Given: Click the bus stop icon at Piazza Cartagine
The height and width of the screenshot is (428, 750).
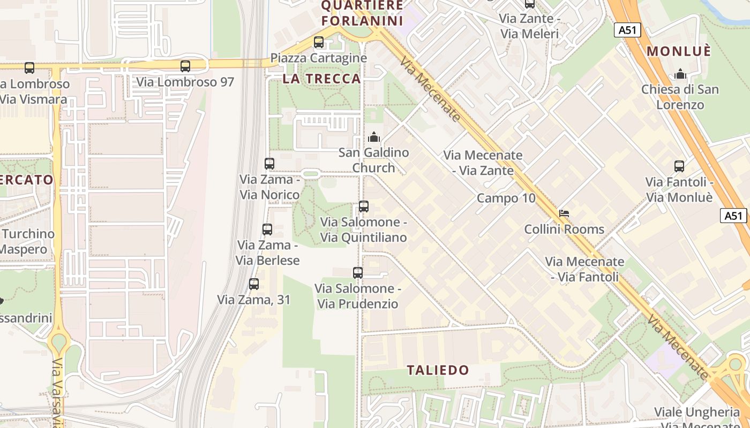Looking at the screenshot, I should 319,42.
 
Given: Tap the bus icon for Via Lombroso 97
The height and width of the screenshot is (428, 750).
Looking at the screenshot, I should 185,66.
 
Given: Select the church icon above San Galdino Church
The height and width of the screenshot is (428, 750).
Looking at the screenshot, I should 374,137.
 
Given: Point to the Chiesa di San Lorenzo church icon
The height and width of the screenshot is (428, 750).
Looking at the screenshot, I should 680,74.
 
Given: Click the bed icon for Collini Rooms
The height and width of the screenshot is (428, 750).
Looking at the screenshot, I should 564,213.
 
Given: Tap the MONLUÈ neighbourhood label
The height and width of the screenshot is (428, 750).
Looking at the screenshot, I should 679,51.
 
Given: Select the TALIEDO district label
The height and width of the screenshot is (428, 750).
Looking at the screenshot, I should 438,370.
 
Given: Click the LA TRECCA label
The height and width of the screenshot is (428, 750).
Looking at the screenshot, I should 321,79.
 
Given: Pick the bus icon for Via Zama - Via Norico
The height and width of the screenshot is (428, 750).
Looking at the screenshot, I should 269,164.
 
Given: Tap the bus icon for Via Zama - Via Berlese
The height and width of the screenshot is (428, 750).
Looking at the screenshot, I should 267,230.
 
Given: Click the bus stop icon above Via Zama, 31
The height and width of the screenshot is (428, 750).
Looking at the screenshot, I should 254,284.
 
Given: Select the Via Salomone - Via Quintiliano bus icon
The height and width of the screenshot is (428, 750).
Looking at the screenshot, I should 364,207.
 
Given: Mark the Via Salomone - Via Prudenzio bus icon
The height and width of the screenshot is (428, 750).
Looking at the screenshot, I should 358,273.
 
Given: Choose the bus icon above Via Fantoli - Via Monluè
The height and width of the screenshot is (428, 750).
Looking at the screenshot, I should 679,166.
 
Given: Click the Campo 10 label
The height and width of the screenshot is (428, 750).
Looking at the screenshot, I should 506,198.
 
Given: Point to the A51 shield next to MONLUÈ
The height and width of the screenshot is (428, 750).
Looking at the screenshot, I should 627,30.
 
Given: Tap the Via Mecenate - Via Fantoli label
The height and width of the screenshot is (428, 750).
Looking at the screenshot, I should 584,269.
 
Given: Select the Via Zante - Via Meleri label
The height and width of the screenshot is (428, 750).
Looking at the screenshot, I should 529,26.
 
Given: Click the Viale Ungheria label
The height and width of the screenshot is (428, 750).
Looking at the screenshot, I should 696,412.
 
